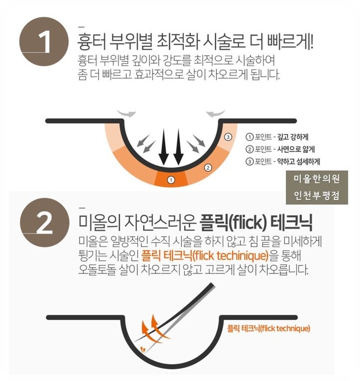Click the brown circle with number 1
pyautogui.click(x=44, y=41)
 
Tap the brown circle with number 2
pyautogui.click(x=45, y=223)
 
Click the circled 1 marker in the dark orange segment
pyautogui.click(x=171, y=180)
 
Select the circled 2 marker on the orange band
pyautogui.click(x=208, y=168)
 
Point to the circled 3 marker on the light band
pyautogui.click(x=228, y=137)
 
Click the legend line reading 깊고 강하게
pyautogui.click(x=277, y=137)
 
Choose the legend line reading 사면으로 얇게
pyautogui.click(x=280, y=149)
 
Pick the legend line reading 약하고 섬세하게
pyautogui.click(x=282, y=161)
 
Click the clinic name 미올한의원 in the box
pyautogui.click(x=317, y=179)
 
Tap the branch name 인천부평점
pyautogui.click(x=317, y=195)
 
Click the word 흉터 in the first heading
pyautogui.click(x=91, y=42)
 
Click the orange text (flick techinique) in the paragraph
pyautogui.click(x=230, y=256)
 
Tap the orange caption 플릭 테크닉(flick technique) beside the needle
pyautogui.click(x=269, y=329)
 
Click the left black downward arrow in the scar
pyautogui.click(x=164, y=147)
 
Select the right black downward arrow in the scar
pyautogui.click(x=179, y=147)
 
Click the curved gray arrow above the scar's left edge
pyautogui.click(x=126, y=113)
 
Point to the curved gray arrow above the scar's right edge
pyautogui.click(x=215, y=113)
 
